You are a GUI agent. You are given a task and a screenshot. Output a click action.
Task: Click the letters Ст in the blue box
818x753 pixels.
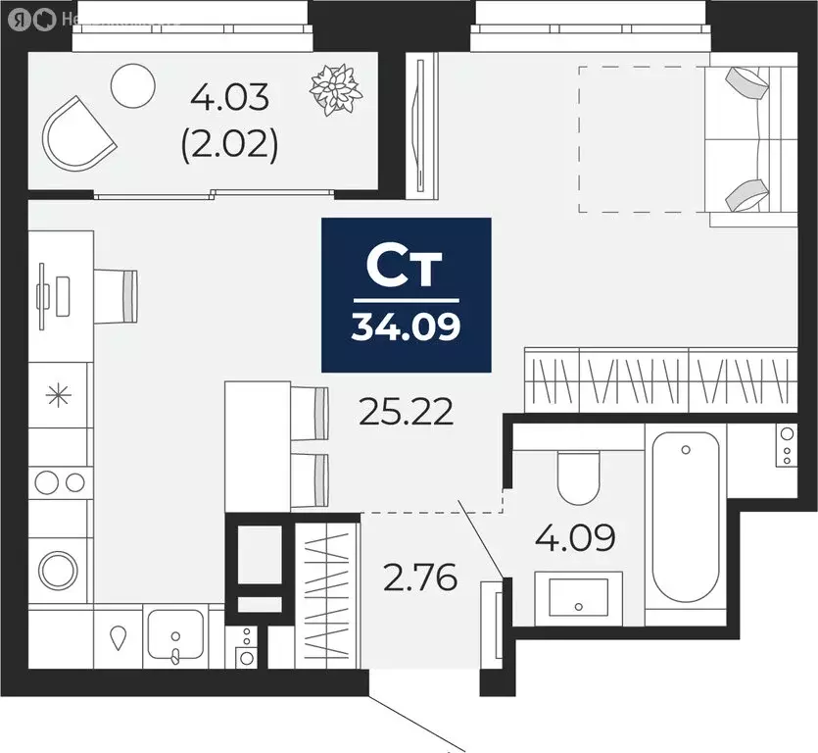406,266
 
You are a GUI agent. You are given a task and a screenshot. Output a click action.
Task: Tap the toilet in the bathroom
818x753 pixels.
577,475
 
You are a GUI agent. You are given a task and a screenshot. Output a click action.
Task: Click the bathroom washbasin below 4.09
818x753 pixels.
577,596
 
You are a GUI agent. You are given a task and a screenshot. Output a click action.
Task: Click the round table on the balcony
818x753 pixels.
133,86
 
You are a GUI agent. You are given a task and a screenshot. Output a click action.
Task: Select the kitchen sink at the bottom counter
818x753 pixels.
175,635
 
